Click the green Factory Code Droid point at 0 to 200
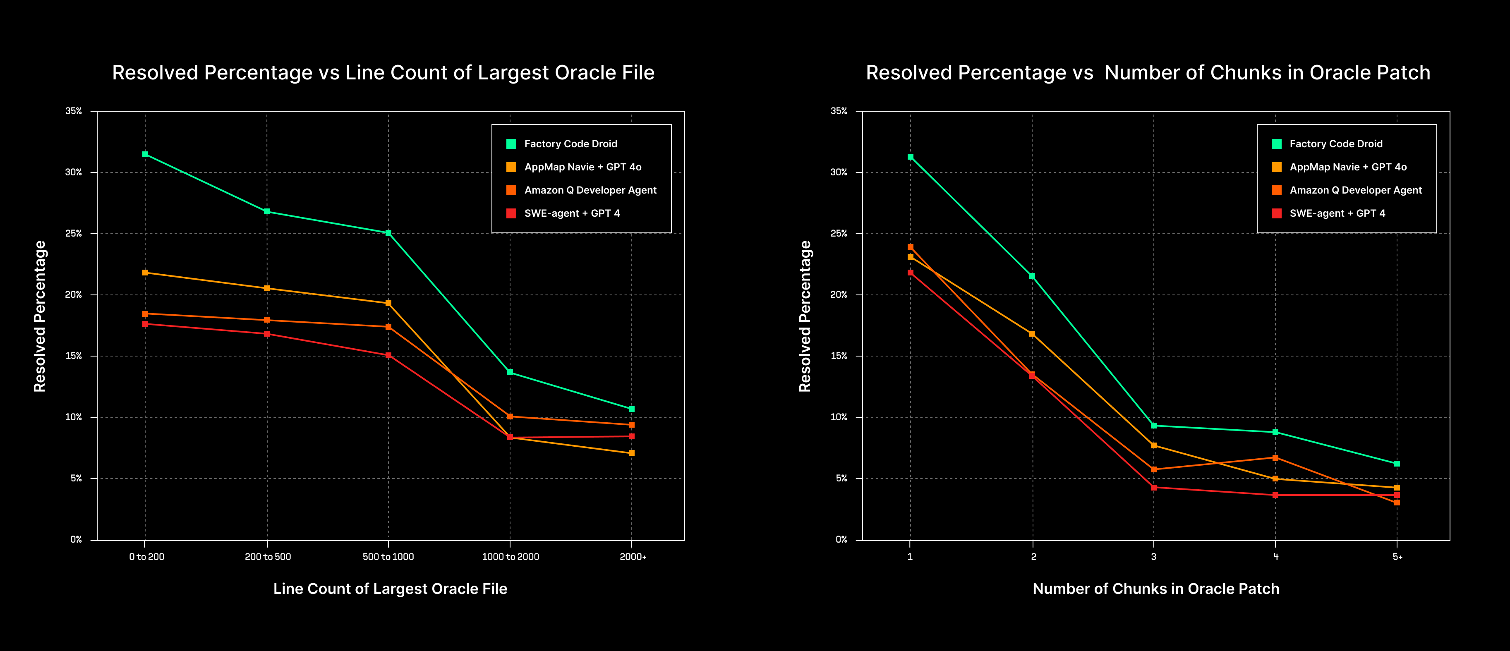click(145, 155)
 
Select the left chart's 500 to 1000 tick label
click(388, 557)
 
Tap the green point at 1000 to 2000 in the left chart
click(510, 372)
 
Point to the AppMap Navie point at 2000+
click(631, 453)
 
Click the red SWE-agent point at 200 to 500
click(267, 334)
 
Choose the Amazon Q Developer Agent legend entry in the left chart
click(590, 190)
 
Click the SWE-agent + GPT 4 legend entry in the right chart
click(1337, 213)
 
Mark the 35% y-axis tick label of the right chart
click(839, 111)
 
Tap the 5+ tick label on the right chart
click(1397, 557)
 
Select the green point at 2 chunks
click(1032, 276)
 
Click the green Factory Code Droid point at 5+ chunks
click(1397, 464)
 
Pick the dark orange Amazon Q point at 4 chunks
click(1275, 457)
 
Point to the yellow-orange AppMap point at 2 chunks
click(1032, 334)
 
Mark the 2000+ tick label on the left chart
click(633, 557)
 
